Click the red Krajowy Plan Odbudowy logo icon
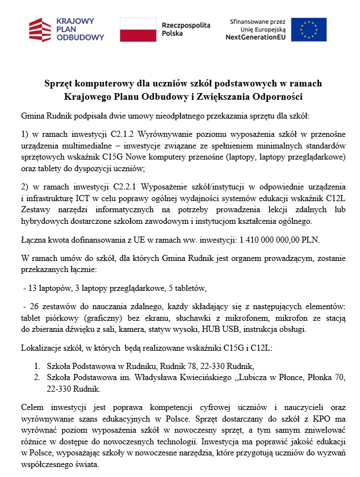pos(41,29)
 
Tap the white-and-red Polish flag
pos(138,29)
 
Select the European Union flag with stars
pos(309,29)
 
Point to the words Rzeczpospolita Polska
pos(178,29)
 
